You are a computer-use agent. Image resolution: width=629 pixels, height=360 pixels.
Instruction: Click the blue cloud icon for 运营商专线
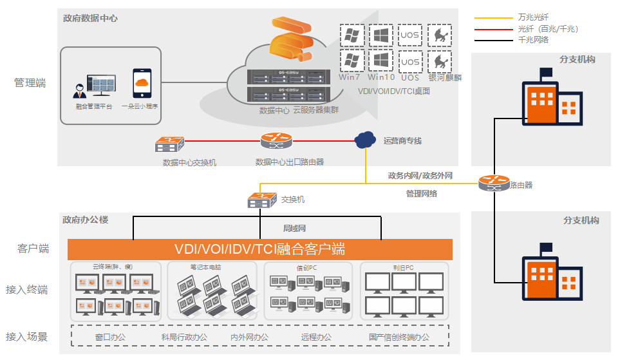tap(365, 139)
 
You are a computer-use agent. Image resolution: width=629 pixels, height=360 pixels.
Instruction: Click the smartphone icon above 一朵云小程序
tap(141, 83)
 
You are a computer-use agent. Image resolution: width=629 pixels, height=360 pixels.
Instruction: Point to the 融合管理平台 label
tap(93, 106)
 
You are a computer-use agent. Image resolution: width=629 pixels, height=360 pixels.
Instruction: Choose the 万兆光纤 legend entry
tap(533, 17)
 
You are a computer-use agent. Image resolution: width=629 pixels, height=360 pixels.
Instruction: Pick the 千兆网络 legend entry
tap(533, 40)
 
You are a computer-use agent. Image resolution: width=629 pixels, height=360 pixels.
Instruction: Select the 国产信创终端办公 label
tap(399, 337)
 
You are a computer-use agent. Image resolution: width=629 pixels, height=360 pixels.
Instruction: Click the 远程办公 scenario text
tap(316, 337)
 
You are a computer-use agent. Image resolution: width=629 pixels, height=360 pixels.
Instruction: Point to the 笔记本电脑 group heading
tap(205, 267)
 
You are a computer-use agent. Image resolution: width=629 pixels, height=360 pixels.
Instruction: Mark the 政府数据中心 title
tap(90, 18)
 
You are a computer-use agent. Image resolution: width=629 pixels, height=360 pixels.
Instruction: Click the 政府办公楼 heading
tap(85, 220)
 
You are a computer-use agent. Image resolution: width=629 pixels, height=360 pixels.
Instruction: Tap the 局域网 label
tap(294, 228)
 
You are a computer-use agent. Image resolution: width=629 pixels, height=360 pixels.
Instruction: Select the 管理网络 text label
tap(422, 193)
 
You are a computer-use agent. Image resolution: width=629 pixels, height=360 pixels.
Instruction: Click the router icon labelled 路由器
tap(493, 184)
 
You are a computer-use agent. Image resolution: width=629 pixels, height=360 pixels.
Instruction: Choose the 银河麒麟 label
tap(445, 77)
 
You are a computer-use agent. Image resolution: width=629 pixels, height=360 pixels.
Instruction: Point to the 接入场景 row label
tap(27, 336)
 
